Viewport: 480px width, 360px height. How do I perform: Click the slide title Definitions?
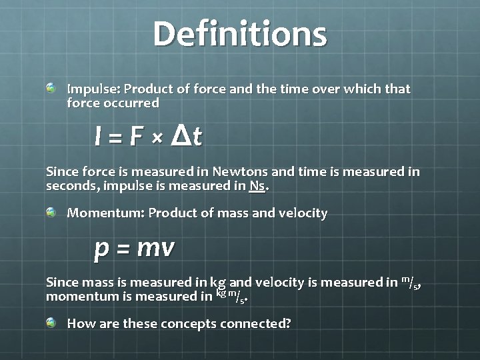pyautogui.click(x=240, y=34)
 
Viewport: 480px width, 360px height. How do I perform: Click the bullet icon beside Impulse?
pyautogui.click(x=51, y=88)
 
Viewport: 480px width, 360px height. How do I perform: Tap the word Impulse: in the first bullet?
pyautogui.click(x=93, y=89)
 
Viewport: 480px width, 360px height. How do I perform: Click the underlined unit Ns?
pyautogui.click(x=257, y=186)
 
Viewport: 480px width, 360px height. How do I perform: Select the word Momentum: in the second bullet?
pyautogui.click(x=104, y=213)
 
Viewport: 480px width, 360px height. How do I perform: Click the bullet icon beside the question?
pyautogui.click(x=51, y=323)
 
